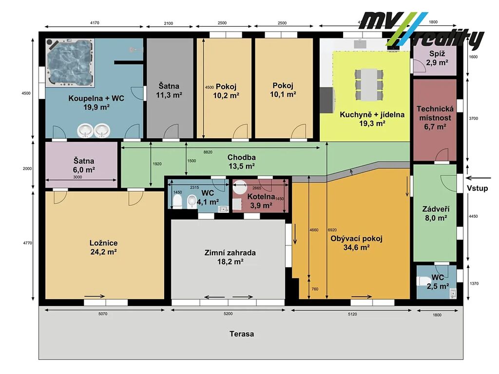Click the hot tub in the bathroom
click(x=70, y=63)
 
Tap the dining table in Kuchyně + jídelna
click(x=369, y=84)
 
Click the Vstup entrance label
click(x=477, y=188)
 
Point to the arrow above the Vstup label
click(x=478, y=178)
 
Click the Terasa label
click(x=242, y=334)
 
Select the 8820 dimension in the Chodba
click(x=208, y=152)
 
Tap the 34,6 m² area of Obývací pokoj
click(x=356, y=247)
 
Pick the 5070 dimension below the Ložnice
click(x=103, y=314)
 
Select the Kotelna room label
click(x=261, y=197)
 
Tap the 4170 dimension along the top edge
click(x=95, y=23)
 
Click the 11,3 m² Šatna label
click(x=169, y=90)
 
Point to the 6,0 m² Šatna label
click(x=84, y=166)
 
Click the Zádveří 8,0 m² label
click(x=436, y=213)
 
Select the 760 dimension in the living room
click(x=315, y=289)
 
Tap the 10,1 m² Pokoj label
click(x=283, y=90)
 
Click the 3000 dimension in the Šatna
click(x=77, y=177)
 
